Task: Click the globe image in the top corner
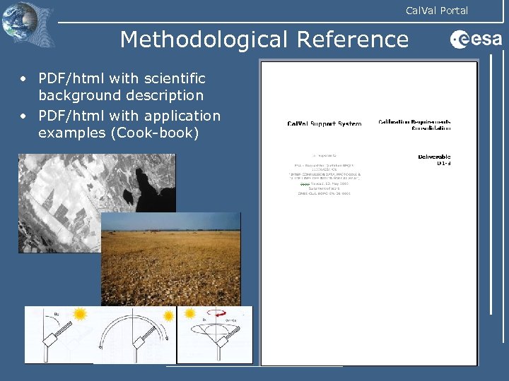click(28, 24)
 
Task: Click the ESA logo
click(475, 40)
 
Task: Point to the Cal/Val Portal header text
click(436, 11)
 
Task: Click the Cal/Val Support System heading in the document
click(324, 123)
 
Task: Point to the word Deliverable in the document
click(434, 157)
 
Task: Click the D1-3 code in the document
click(443, 164)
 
